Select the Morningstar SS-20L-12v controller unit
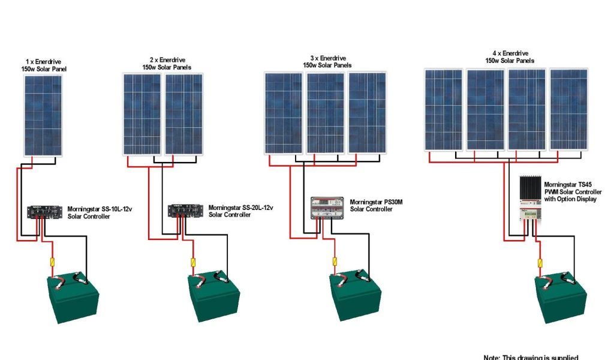pos(182,211)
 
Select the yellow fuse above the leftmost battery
pos(52,262)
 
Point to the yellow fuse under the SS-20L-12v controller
pos(193,262)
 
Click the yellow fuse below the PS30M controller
pos(335,262)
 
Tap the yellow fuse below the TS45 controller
pos(541,263)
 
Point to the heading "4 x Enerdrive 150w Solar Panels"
pos(510,57)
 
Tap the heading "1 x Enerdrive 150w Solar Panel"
pos(43,65)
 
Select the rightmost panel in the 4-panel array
pos(568,109)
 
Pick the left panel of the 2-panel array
pos(142,114)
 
